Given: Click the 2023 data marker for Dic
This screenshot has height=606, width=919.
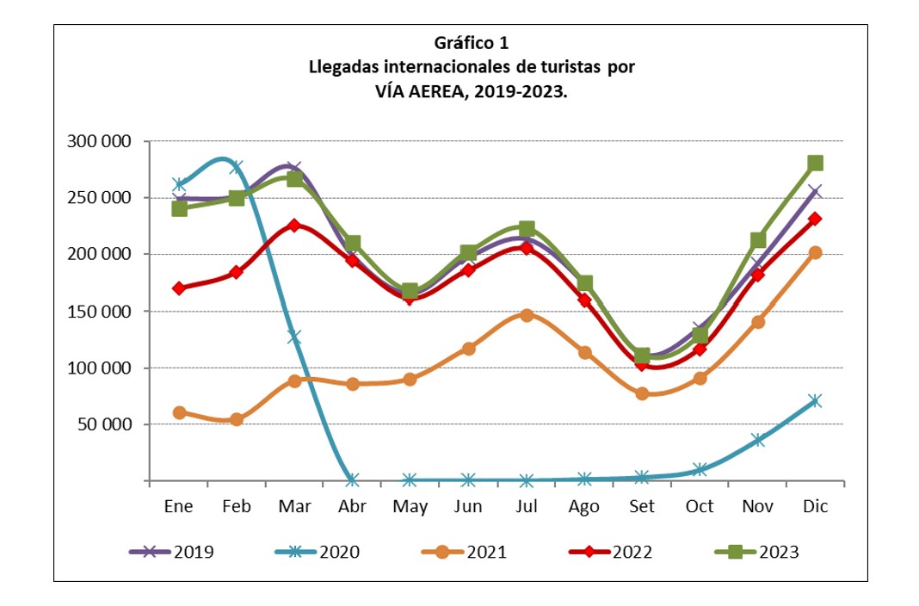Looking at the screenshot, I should [x=815, y=163].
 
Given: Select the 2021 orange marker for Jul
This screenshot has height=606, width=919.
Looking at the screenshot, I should [x=526, y=315].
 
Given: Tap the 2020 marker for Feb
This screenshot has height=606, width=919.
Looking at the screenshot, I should [x=236, y=167].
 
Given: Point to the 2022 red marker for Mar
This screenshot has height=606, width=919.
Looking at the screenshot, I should [x=293, y=225].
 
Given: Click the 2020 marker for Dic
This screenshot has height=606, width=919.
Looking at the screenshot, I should [x=815, y=400].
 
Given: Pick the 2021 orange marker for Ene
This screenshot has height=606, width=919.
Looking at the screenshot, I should [x=178, y=412].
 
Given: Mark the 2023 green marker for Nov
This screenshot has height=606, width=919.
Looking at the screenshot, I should [x=757, y=239].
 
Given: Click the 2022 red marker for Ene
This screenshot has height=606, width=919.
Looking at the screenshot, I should [x=178, y=288].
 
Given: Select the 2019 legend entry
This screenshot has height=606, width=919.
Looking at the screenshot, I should [x=171, y=553].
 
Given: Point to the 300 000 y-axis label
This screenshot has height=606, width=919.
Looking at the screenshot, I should [x=98, y=141].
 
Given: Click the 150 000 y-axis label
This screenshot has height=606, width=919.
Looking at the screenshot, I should [x=98, y=311].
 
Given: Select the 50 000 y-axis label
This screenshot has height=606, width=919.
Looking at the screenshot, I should [x=102, y=424].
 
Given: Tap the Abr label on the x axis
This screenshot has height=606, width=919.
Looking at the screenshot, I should [x=351, y=507].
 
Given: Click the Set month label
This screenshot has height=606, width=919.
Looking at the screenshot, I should [x=642, y=507].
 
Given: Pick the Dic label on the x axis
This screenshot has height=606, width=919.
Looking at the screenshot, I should [x=815, y=507].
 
